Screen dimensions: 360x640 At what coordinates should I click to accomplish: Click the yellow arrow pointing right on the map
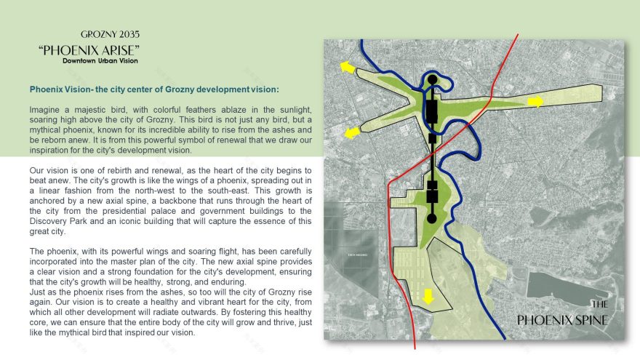pyautogui.click(x=535, y=102)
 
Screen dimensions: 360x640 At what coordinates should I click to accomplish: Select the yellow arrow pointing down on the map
pyautogui.click(x=428, y=296)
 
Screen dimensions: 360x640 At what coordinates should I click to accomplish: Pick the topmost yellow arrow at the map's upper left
pyautogui.click(x=348, y=68)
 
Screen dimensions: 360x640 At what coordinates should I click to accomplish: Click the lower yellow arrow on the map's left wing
pyautogui.click(x=353, y=132)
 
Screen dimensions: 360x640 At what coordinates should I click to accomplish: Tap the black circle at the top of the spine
pyautogui.click(x=433, y=79)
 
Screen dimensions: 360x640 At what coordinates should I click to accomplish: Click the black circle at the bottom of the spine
pyautogui.click(x=431, y=218)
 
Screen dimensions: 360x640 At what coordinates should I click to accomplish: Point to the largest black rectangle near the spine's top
pyautogui.click(x=431, y=111)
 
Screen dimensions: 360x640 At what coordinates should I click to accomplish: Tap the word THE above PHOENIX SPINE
pyautogui.click(x=599, y=305)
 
